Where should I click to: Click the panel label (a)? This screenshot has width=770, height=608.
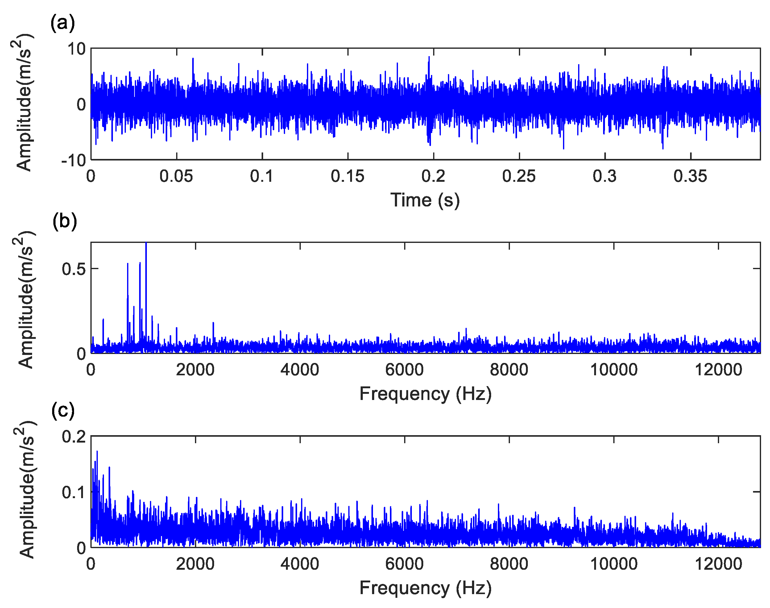pyautogui.click(x=63, y=23)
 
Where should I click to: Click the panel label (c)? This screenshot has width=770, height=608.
pyautogui.click(x=63, y=410)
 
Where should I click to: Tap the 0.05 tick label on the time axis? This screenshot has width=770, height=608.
pyautogui.click(x=176, y=176)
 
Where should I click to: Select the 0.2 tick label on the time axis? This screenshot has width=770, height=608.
pyautogui.click(x=433, y=176)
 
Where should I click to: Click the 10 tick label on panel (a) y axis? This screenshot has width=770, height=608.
pyautogui.click(x=76, y=49)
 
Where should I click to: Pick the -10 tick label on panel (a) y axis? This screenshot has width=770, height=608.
pyautogui.click(x=74, y=161)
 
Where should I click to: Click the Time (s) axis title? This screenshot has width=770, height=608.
pyautogui.click(x=425, y=200)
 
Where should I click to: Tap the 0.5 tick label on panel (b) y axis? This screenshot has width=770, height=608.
pyautogui.click(x=74, y=269)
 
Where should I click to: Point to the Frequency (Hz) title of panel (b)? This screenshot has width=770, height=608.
pyautogui.click(x=425, y=394)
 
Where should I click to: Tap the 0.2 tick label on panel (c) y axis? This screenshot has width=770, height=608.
pyautogui.click(x=74, y=437)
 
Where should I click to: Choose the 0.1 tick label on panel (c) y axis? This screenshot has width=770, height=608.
pyautogui.click(x=74, y=492)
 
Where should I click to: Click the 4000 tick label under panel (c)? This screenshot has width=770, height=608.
pyautogui.click(x=300, y=564)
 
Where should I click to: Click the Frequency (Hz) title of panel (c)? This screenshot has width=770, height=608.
pyautogui.click(x=425, y=588)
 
